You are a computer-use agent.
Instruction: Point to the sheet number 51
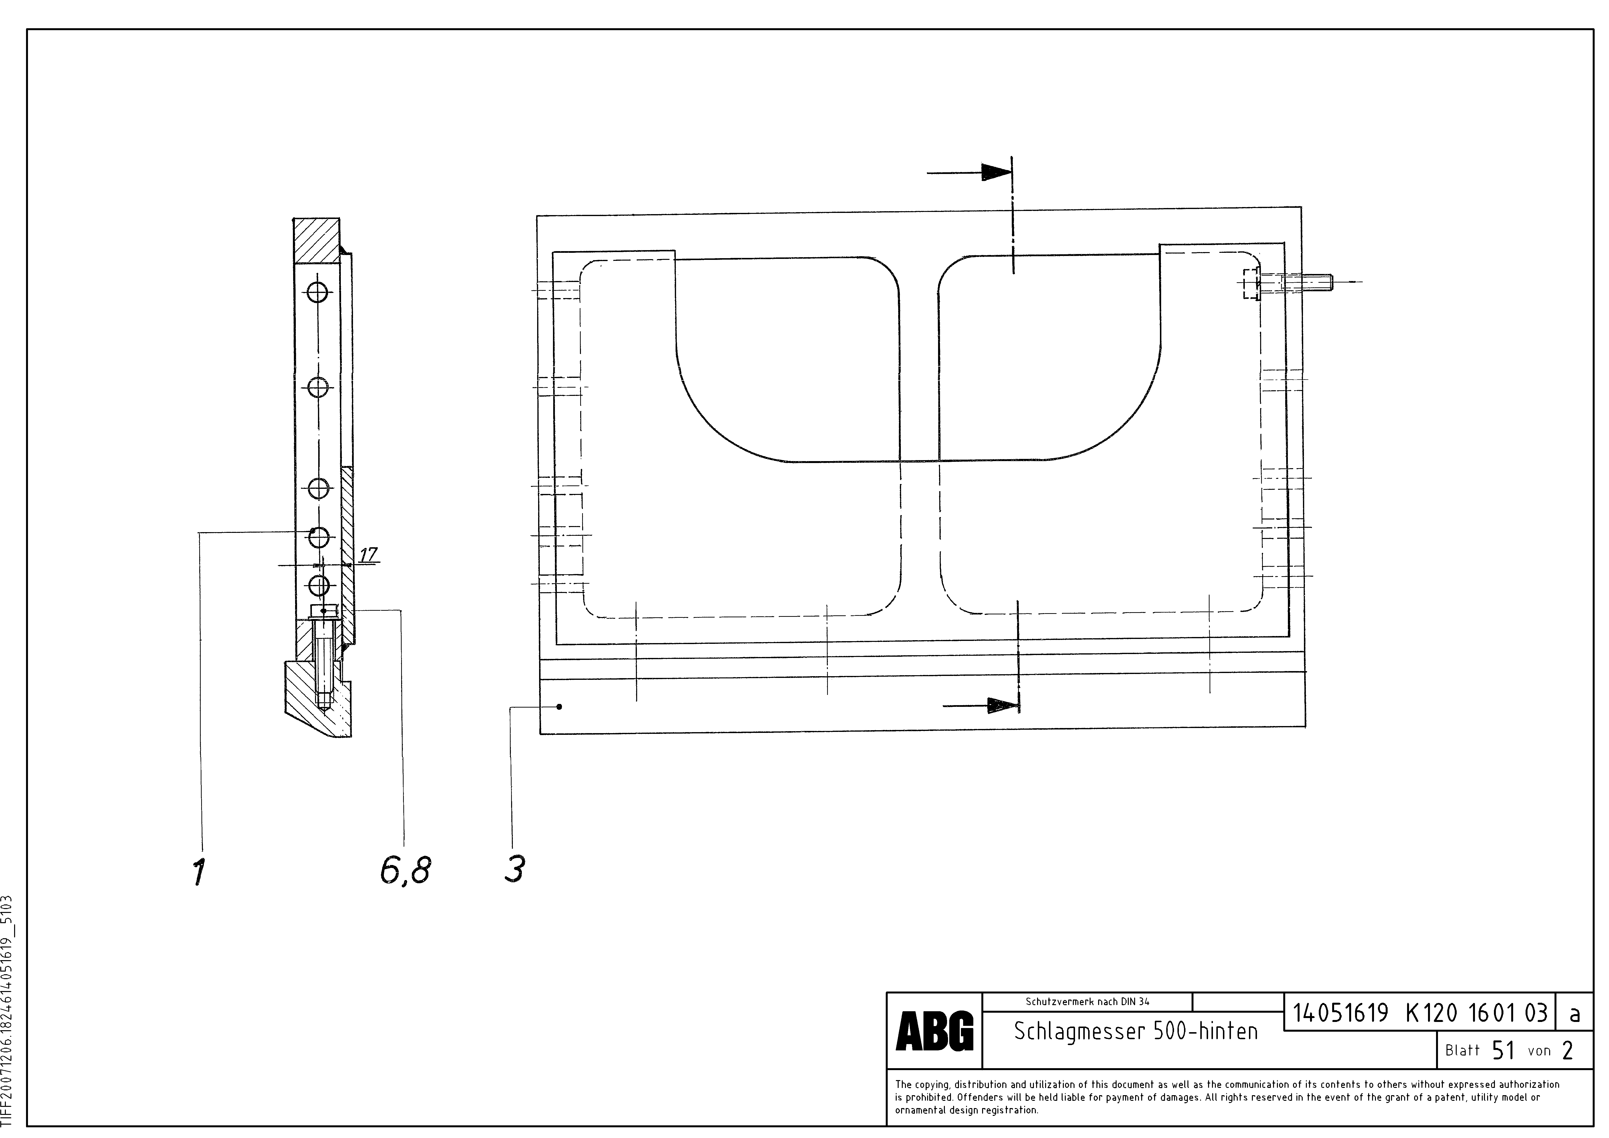tap(1503, 1050)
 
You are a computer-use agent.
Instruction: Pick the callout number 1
tap(200, 873)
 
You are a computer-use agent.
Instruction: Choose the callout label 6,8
tap(405, 871)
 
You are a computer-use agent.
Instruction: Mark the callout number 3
tap(514, 870)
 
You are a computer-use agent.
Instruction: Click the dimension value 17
tap(368, 554)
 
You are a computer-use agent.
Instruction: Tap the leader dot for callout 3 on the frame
tap(559, 707)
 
